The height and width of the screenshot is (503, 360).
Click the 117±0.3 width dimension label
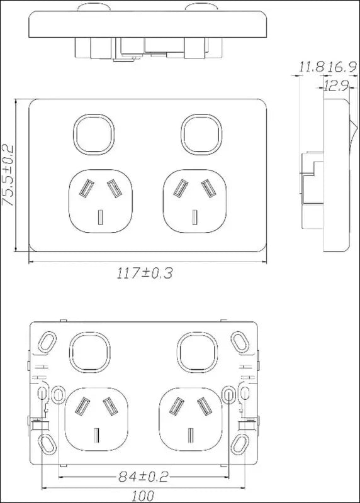pyautogui.click(x=145, y=273)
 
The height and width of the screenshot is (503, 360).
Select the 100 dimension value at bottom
pyautogui.click(x=143, y=494)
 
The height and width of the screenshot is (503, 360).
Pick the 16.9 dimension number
pyautogui.click(x=337, y=66)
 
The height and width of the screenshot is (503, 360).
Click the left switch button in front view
pyautogui.click(x=94, y=134)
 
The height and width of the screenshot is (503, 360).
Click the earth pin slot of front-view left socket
pyautogui.click(x=101, y=218)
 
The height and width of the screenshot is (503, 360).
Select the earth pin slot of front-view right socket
pyautogui.click(x=195, y=218)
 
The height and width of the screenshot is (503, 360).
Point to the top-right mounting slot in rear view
pyautogui.click(x=240, y=341)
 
